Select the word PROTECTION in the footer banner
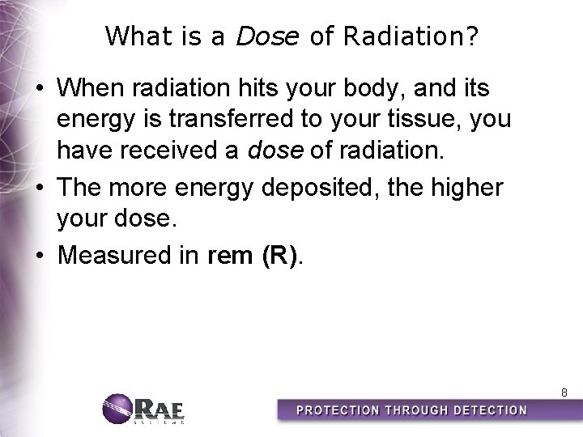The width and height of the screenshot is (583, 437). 338,410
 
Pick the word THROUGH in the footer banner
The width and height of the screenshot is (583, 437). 412,410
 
